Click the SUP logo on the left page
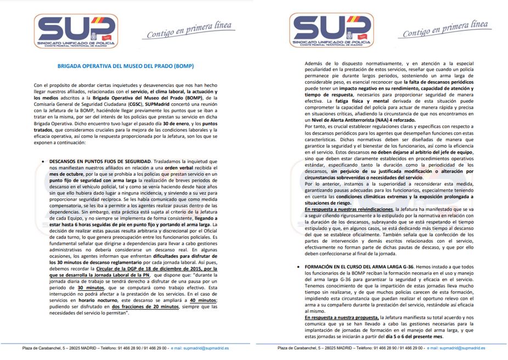pos(76,30)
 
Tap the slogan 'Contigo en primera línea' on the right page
pos(445,30)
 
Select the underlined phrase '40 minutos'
pos(202,301)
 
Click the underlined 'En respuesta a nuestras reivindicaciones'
pos(348,209)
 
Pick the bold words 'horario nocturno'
pos(86,301)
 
